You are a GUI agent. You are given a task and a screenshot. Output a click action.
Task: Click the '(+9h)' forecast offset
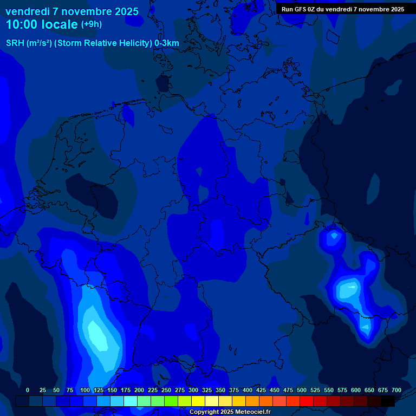[x=92, y=24]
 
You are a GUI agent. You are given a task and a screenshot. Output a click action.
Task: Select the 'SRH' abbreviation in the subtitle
[x=15, y=43]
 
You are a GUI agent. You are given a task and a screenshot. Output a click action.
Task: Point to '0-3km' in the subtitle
[x=167, y=43]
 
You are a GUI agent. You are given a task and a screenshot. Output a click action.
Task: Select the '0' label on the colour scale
[x=28, y=390]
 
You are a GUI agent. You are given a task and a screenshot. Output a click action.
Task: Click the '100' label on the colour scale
[x=85, y=390]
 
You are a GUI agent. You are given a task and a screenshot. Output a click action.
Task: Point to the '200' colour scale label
[x=139, y=390]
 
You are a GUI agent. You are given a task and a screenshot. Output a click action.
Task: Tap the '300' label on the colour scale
[x=193, y=390]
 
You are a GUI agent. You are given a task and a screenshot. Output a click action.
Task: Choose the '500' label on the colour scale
[x=302, y=390]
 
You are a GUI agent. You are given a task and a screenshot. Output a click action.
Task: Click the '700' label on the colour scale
[x=396, y=390]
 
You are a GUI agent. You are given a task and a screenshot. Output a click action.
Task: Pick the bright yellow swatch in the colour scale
[x=198, y=401]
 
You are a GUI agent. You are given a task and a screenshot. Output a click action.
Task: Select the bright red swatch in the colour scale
[x=307, y=401]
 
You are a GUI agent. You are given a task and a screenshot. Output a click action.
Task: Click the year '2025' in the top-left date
[x=126, y=11]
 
